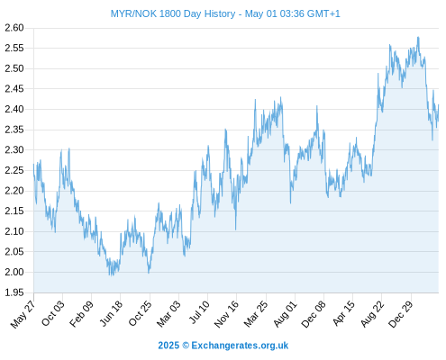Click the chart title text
[x=225, y=13]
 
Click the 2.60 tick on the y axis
[x=14, y=28]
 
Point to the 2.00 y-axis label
[x=14, y=272]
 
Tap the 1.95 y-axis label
[x=14, y=292]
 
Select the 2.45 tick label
[x=14, y=89]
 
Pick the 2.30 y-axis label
[x=14, y=149]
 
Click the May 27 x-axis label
[x=23, y=314]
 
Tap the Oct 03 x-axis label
[x=53, y=313]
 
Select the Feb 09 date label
[x=81, y=313]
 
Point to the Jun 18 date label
[x=111, y=313]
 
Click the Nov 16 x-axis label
[x=226, y=314]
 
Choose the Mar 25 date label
[x=256, y=314]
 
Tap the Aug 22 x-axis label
[x=372, y=314]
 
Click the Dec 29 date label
[x=401, y=314]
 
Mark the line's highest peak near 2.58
[x=418, y=37]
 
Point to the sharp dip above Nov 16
[x=236, y=229]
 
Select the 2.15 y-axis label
[x=14, y=211]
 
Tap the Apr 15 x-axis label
[x=343, y=313]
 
